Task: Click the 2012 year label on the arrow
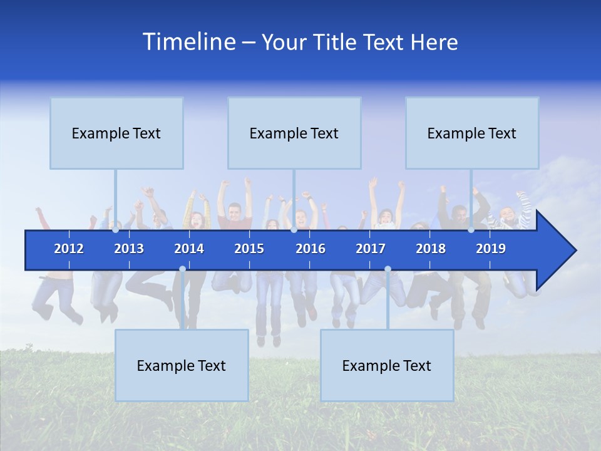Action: pos(69,249)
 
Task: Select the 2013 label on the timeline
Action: pos(129,249)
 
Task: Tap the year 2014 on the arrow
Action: pos(189,249)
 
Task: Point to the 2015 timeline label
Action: pos(249,249)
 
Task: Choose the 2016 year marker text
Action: pos(311,249)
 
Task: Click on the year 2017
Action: pos(371,249)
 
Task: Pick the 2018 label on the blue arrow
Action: pos(431,249)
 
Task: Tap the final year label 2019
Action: pos(491,249)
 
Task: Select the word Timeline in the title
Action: pos(189,41)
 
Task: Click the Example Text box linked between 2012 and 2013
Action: pos(116,133)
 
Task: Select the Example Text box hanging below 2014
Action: pos(182,365)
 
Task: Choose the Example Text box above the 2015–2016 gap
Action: pos(294,133)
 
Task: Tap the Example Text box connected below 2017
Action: pos(387,365)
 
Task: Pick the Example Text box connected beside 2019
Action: pos(472,133)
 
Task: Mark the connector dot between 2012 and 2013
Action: pos(115,230)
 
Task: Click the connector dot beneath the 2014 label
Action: pos(182,269)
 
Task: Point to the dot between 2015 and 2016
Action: pos(294,230)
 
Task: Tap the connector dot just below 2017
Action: pos(388,269)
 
